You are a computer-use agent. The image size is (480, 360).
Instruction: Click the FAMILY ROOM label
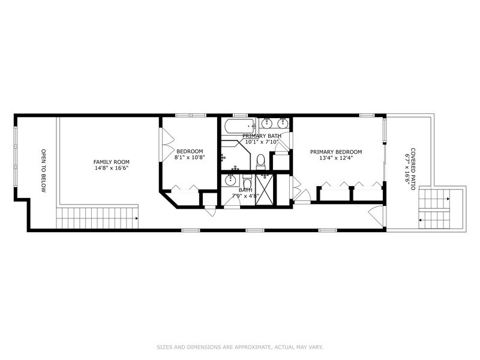pos(111,162)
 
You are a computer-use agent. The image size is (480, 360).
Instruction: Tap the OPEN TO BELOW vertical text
pos(43,170)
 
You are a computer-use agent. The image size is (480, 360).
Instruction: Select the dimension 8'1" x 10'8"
pos(189,158)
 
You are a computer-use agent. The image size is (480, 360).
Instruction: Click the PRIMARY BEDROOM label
pos(336,152)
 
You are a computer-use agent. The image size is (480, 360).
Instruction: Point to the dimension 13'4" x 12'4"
pos(336,159)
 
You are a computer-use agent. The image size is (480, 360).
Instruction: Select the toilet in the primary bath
pos(260,160)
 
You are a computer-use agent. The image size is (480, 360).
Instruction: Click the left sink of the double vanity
pos(268,124)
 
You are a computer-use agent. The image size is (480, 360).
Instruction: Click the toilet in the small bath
pos(247,182)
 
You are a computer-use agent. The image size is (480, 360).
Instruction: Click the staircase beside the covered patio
pos(440,210)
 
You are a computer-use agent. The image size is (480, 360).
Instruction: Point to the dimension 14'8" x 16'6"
pos(111,169)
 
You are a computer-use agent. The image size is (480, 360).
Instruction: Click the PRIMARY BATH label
pos(262,136)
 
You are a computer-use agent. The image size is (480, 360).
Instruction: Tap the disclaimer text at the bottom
pos(240,346)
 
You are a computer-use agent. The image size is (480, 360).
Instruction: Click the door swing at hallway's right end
pos(374,214)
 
